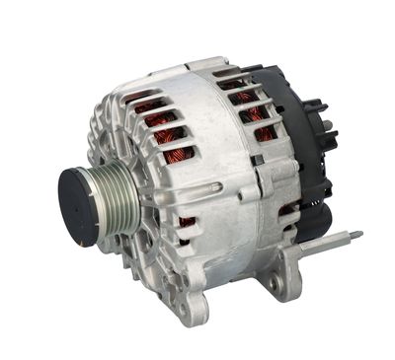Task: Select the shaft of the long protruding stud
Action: (326, 242)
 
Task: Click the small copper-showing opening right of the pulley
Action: (185, 221)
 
